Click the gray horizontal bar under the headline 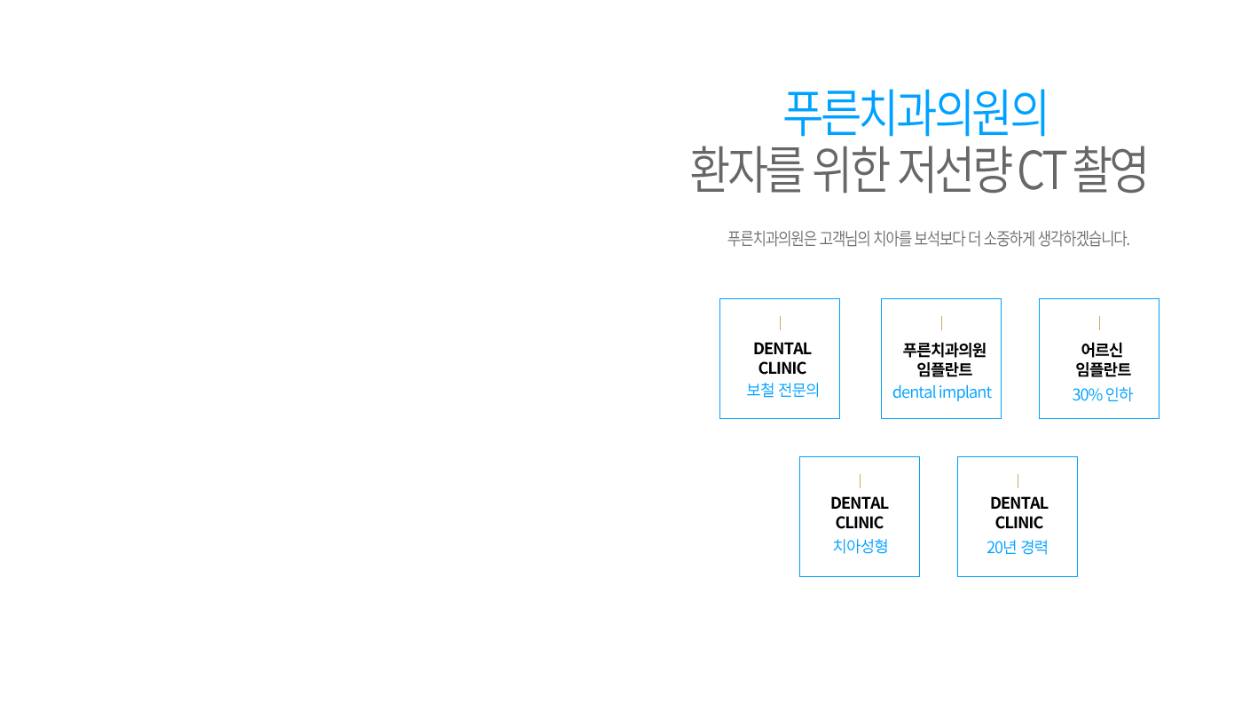coord(928,238)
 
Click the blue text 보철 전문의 coord(782,391)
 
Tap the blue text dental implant coord(941,392)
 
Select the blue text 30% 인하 coord(1102,394)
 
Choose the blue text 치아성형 coord(860,545)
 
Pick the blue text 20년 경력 coord(1018,547)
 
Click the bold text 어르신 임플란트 coord(1102,360)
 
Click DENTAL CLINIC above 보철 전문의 coord(782,359)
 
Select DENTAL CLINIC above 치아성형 coord(860,512)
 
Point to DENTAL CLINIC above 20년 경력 coord(1018,512)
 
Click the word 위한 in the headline coord(849,169)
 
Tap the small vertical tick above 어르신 coord(1100,322)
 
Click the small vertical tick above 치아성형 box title coord(860,480)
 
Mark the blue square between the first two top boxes coord(860,316)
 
